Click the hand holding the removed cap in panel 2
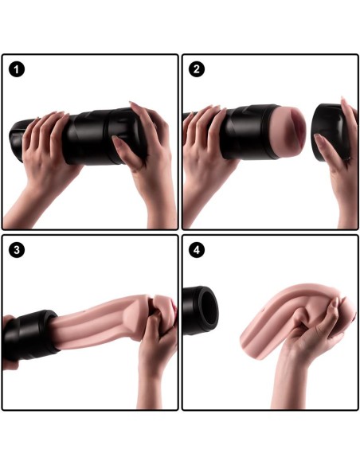(x=338, y=159)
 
